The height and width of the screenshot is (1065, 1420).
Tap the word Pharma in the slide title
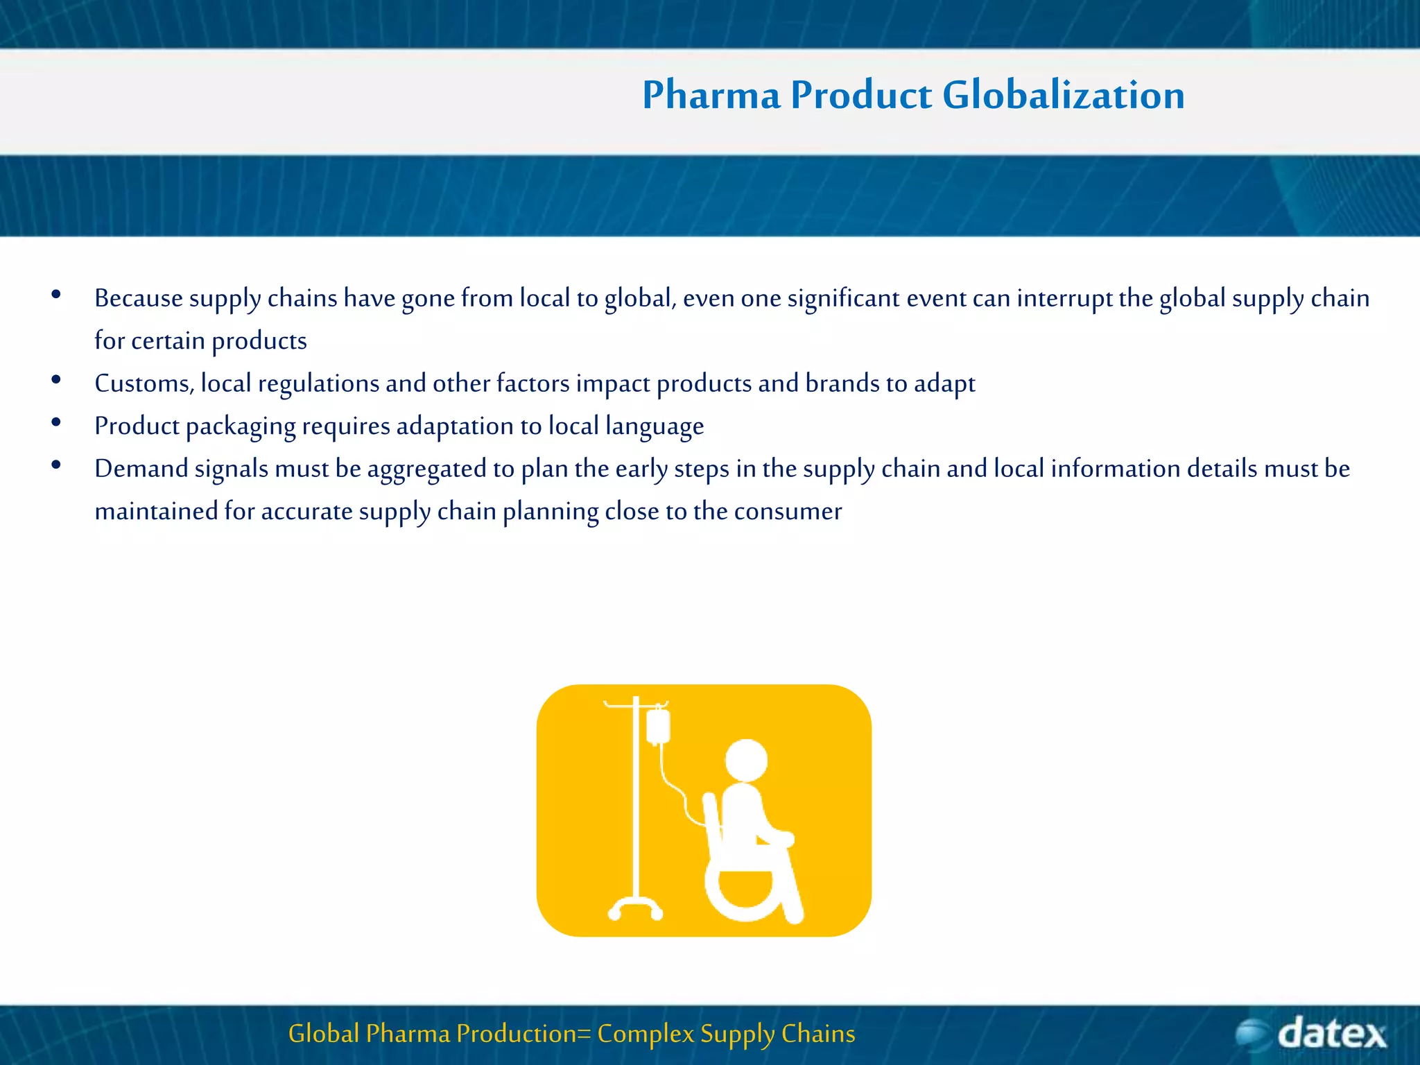[711, 95]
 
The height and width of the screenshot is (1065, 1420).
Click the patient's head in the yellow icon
[746, 760]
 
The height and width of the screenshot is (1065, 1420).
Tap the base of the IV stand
[635, 908]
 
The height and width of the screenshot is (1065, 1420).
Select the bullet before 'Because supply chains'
[56, 295]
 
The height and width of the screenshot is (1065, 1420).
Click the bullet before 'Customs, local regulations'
[56, 380]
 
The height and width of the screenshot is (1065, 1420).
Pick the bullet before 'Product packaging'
[56, 422]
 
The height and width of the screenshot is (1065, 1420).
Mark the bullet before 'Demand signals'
[56, 465]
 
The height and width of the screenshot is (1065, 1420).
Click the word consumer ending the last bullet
[788, 512]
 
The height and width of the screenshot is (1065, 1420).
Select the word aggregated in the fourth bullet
[426, 469]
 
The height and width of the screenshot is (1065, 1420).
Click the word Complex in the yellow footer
[645, 1034]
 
